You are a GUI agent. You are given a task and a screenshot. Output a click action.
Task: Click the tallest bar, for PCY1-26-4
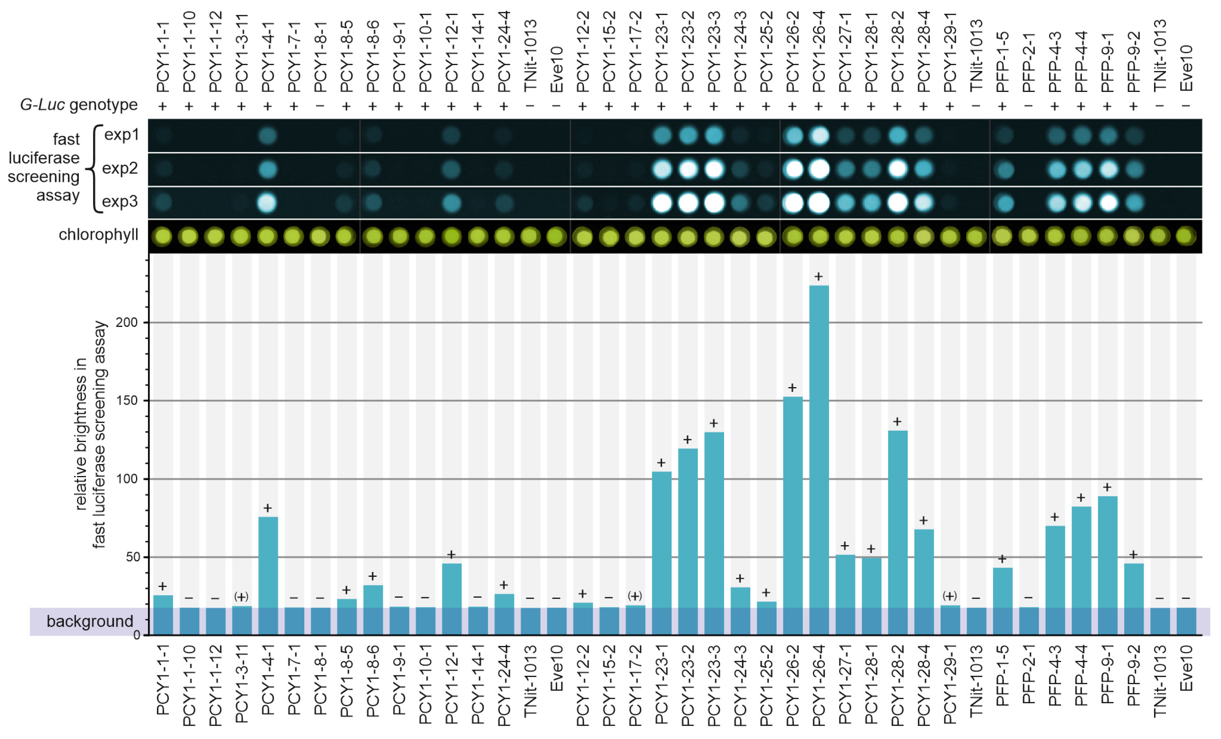819,446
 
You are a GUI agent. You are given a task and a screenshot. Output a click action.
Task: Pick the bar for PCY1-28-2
897,520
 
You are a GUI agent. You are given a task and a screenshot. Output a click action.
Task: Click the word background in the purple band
90,621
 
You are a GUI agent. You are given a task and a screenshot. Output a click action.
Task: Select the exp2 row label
119,168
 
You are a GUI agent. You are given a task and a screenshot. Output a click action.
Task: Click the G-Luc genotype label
79,105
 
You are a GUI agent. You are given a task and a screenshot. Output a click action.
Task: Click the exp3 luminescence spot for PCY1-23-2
687,203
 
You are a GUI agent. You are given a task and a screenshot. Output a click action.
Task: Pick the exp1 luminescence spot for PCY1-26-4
819,135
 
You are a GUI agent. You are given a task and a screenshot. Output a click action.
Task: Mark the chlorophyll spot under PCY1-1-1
163,237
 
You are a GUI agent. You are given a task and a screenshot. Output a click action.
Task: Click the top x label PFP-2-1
1028,62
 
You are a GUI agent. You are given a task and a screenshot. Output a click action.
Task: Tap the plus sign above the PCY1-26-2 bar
792,388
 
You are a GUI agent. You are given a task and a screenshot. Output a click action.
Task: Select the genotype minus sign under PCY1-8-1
320,106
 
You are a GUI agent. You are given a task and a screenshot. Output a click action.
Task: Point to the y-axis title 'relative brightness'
81,434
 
